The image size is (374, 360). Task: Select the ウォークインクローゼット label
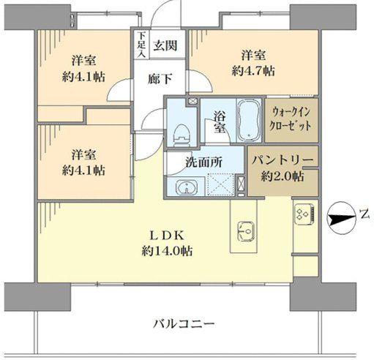click(x=291, y=119)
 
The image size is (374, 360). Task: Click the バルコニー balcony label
click(x=184, y=323)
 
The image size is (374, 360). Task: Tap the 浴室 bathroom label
click(x=220, y=121)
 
